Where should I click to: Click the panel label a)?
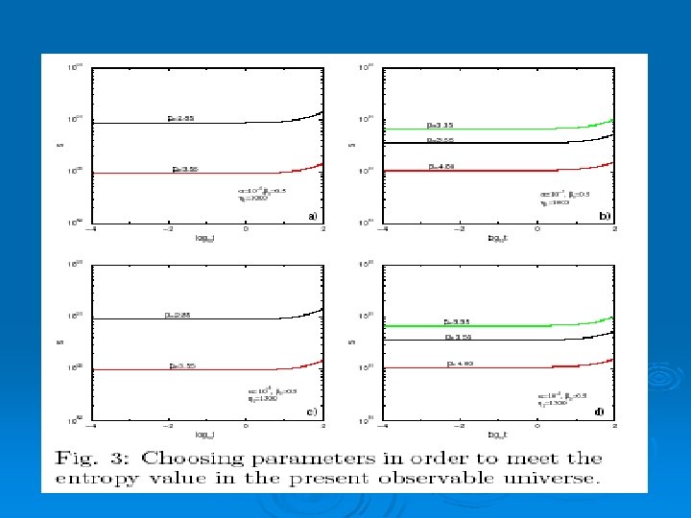click(313, 216)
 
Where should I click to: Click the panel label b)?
click(604, 217)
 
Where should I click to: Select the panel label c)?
click(312, 412)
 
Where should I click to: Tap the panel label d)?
click(600, 412)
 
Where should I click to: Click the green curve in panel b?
click(480, 129)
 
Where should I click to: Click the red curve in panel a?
click(192, 173)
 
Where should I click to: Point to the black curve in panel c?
click(192, 318)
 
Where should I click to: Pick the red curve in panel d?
click(480, 367)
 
